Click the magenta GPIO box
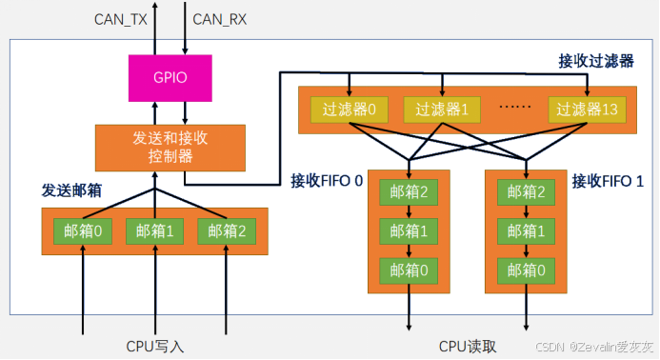pyautogui.click(x=170, y=78)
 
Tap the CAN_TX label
pyautogui.click(x=120, y=19)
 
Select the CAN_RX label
pyautogui.click(x=219, y=19)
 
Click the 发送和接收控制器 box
pyautogui.click(x=170, y=148)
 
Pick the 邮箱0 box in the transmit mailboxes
pyautogui.click(x=83, y=231)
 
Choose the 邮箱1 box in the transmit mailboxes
pyautogui.click(x=155, y=231)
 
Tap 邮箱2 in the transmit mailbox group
pyautogui.click(x=227, y=231)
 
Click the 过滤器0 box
pyautogui.click(x=350, y=110)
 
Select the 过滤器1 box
pyautogui.click(x=442, y=110)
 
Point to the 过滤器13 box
pyautogui.click(x=588, y=110)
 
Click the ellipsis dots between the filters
pyautogui.click(x=514, y=107)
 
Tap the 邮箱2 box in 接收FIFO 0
pyautogui.click(x=409, y=192)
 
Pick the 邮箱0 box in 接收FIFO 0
pyautogui.click(x=409, y=270)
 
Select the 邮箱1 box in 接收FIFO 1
pyautogui.click(x=526, y=231)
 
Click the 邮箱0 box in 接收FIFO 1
pyautogui.click(x=526, y=270)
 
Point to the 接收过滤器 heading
pyautogui.click(x=596, y=62)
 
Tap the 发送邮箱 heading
pyautogui.click(x=71, y=190)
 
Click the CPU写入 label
pyautogui.click(x=155, y=347)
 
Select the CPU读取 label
pyautogui.click(x=468, y=347)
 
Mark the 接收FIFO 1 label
pyautogui.click(x=608, y=182)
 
